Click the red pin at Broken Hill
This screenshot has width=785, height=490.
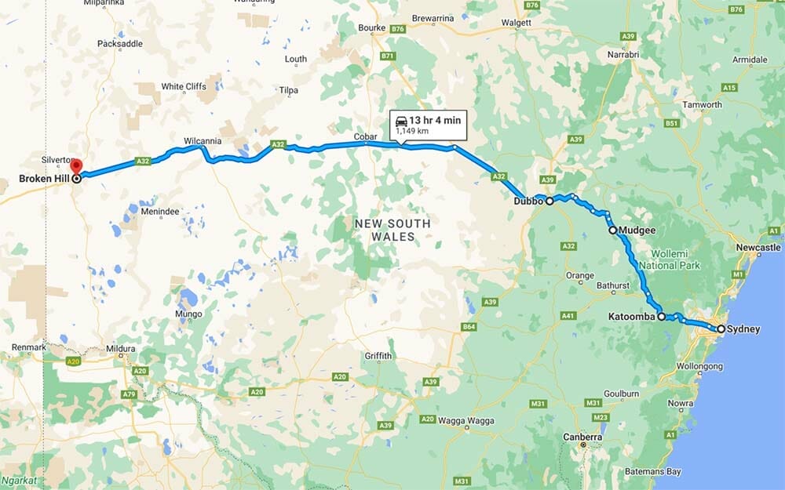click(76, 166)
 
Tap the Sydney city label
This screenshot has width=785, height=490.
click(743, 329)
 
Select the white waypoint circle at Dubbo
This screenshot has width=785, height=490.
click(549, 201)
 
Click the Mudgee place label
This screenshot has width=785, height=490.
click(637, 230)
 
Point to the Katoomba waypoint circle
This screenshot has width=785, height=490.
click(662, 317)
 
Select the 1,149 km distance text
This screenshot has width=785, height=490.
click(412, 132)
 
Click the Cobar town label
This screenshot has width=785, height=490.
click(366, 137)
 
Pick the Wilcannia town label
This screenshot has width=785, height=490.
click(203, 141)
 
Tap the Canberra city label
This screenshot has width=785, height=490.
click(582, 437)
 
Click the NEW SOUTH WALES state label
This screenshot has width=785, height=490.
click(392, 230)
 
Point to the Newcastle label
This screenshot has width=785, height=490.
click(758, 248)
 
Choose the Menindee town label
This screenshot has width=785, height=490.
click(161, 211)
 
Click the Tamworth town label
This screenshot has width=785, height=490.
click(702, 105)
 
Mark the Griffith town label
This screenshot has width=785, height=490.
click(378, 356)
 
